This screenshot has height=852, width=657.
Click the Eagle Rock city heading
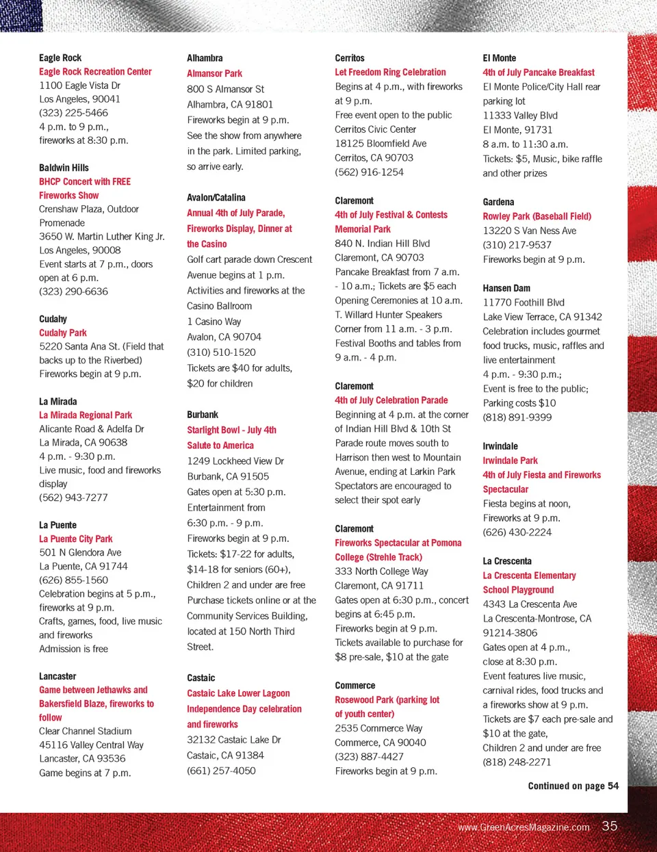[x=60, y=58]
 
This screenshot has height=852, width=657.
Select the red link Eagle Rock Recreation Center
[x=95, y=72]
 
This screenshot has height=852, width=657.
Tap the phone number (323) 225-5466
[x=73, y=113]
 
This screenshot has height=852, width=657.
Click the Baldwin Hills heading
[x=64, y=168]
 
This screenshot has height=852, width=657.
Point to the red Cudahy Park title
[x=63, y=333]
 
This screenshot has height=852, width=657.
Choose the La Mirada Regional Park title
[x=86, y=415]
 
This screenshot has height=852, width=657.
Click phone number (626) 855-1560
[x=73, y=580]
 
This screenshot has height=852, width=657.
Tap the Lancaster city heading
[x=57, y=676]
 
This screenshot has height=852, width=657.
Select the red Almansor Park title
[x=214, y=73]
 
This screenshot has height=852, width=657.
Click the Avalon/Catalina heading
[x=216, y=198]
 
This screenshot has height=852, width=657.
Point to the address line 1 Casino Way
[x=214, y=322]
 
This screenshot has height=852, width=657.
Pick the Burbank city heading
[x=203, y=415]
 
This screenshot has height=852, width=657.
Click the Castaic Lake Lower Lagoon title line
[x=238, y=693]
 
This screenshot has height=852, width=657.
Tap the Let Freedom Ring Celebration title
[x=390, y=72]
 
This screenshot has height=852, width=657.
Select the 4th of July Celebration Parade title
[x=391, y=400]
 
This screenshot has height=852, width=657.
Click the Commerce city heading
[x=355, y=685]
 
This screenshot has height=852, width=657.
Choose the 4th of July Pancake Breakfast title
[x=538, y=73]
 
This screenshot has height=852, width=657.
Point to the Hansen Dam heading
[x=506, y=288]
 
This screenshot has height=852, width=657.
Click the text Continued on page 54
[x=573, y=786]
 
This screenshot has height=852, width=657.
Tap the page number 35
[x=609, y=826]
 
